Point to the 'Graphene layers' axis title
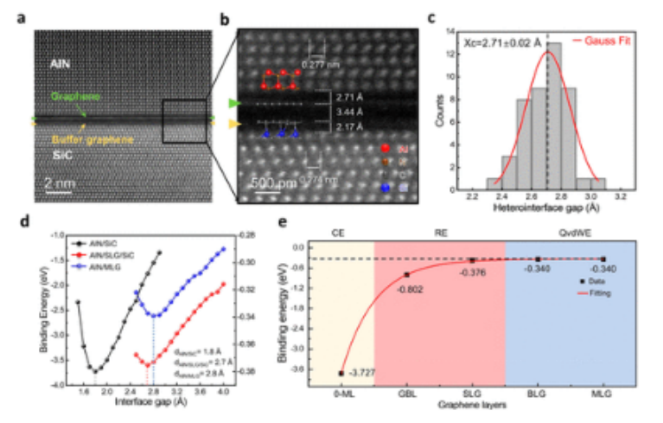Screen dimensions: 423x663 472,403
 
